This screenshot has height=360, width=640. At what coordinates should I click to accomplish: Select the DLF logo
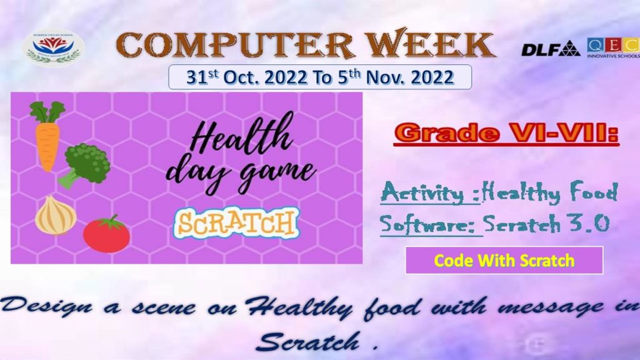[x=550, y=49]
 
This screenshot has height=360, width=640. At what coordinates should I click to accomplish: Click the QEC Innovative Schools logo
[x=614, y=47]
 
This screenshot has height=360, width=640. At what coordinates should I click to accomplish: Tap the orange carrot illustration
[x=47, y=136]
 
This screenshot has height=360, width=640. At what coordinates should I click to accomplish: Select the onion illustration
[x=56, y=215]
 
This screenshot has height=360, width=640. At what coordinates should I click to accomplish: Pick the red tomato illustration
[x=106, y=234]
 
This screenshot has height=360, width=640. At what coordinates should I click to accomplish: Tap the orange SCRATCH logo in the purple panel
[x=236, y=223]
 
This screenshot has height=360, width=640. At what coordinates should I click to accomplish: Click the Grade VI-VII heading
[x=506, y=133]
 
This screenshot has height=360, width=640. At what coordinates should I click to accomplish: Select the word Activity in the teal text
[x=426, y=192]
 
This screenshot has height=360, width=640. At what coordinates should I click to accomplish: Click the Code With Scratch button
[x=504, y=261]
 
